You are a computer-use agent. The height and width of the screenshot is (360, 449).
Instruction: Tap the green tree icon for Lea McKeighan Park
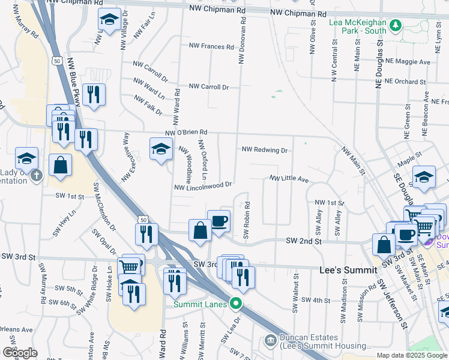point(395,25)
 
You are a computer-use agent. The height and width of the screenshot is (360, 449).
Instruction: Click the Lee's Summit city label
point(342,271)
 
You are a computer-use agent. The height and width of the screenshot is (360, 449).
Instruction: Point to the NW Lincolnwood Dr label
point(202,187)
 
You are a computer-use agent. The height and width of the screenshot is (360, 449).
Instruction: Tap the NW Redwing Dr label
point(265,149)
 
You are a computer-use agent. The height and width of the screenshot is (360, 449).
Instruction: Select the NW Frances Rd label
point(211,46)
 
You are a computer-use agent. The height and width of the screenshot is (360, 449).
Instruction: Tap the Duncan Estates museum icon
point(270,341)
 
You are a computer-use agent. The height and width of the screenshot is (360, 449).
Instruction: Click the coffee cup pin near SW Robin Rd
point(218,221)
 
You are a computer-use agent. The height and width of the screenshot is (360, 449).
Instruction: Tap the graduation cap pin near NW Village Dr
point(109,22)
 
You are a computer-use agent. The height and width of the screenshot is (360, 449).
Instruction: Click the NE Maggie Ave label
point(408,62)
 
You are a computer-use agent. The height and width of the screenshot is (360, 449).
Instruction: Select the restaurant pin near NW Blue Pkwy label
point(94,95)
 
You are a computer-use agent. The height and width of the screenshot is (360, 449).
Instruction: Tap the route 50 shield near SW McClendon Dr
point(142,220)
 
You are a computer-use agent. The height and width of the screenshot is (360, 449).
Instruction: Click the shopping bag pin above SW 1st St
point(61,166)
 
